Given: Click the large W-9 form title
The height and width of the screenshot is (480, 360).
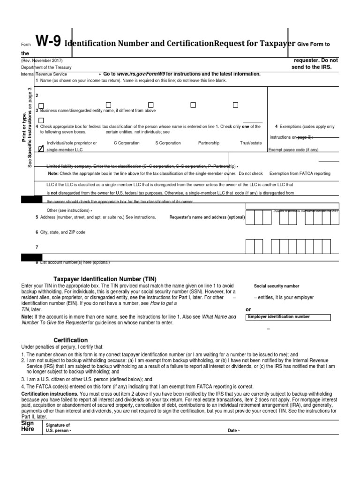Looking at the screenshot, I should [x=48, y=43].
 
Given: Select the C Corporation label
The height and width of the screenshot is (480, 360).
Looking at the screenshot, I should [x=127, y=143].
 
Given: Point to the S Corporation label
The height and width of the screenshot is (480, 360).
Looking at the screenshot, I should [x=168, y=143].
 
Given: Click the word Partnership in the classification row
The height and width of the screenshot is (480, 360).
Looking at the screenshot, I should [x=209, y=143].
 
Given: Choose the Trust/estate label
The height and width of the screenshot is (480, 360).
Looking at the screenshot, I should [x=251, y=143].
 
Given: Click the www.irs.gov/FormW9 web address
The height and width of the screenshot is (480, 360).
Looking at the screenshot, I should [x=141, y=74].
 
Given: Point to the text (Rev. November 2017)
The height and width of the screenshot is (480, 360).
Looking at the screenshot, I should [x=41, y=60].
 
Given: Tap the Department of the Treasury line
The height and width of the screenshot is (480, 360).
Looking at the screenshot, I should [x=46, y=67].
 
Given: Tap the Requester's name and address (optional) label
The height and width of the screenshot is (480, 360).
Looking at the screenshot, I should [x=207, y=217].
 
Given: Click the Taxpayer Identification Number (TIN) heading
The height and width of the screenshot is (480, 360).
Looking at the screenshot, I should [x=102, y=278].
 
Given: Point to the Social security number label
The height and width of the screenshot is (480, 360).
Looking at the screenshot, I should [x=277, y=286].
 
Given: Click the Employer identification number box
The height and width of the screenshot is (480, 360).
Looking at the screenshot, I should [x=289, y=317].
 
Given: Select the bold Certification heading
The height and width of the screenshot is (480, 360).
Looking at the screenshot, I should [x=71, y=340].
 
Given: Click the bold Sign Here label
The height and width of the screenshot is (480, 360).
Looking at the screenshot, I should [x=28, y=426].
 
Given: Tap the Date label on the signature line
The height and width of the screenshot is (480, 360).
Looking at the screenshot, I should [x=233, y=430].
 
